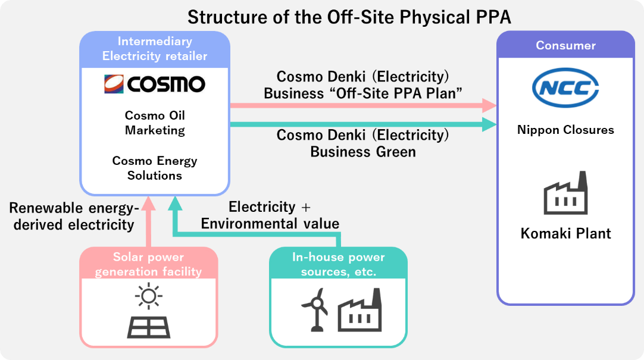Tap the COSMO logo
pyautogui.click(x=155, y=84)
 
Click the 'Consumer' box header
pyautogui.click(x=565, y=45)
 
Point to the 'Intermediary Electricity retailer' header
pyautogui.click(x=155, y=49)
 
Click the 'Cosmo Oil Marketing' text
pyautogui.click(x=155, y=123)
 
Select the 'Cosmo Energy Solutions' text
pyautogui.click(x=155, y=168)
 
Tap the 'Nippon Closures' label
pyautogui.click(x=565, y=130)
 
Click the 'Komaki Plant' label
pyautogui.click(x=565, y=233)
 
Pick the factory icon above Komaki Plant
pyautogui.click(x=565, y=194)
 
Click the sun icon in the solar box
pyautogui.click(x=148, y=296)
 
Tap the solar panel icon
pyautogui.click(x=148, y=326)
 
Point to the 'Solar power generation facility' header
pyautogui.click(x=148, y=264)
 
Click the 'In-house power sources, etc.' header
pyautogui.click(x=338, y=264)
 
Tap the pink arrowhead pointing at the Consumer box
pyautogui.click(x=489, y=105)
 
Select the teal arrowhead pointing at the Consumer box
pyautogui.click(x=489, y=124)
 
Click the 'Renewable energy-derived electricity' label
pyautogui.click(x=74, y=216)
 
